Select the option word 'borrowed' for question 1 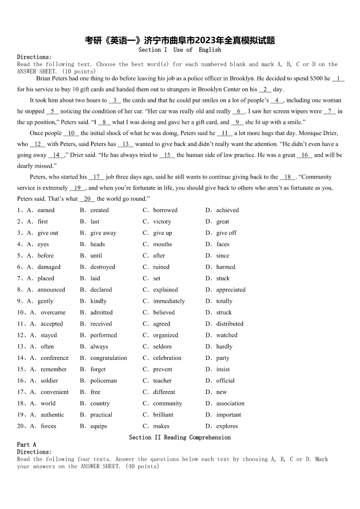click(x=165, y=210)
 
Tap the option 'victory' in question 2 click(x=162, y=222)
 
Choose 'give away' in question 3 click(x=103, y=233)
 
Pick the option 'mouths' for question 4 click(x=162, y=244)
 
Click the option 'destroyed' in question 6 click(x=102, y=267)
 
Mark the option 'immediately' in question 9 click(x=169, y=301)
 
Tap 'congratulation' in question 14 click(x=108, y=358)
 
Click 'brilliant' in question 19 click(x=163, y=415)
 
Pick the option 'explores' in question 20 click(x=227, y=426)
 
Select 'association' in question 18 click(x=230, y=403)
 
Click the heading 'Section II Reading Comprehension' click(x=180, y=437)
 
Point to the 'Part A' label click(x=26, y=445)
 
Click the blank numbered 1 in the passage click(x=338, y=78)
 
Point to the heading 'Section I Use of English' click(x=180, y=50)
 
